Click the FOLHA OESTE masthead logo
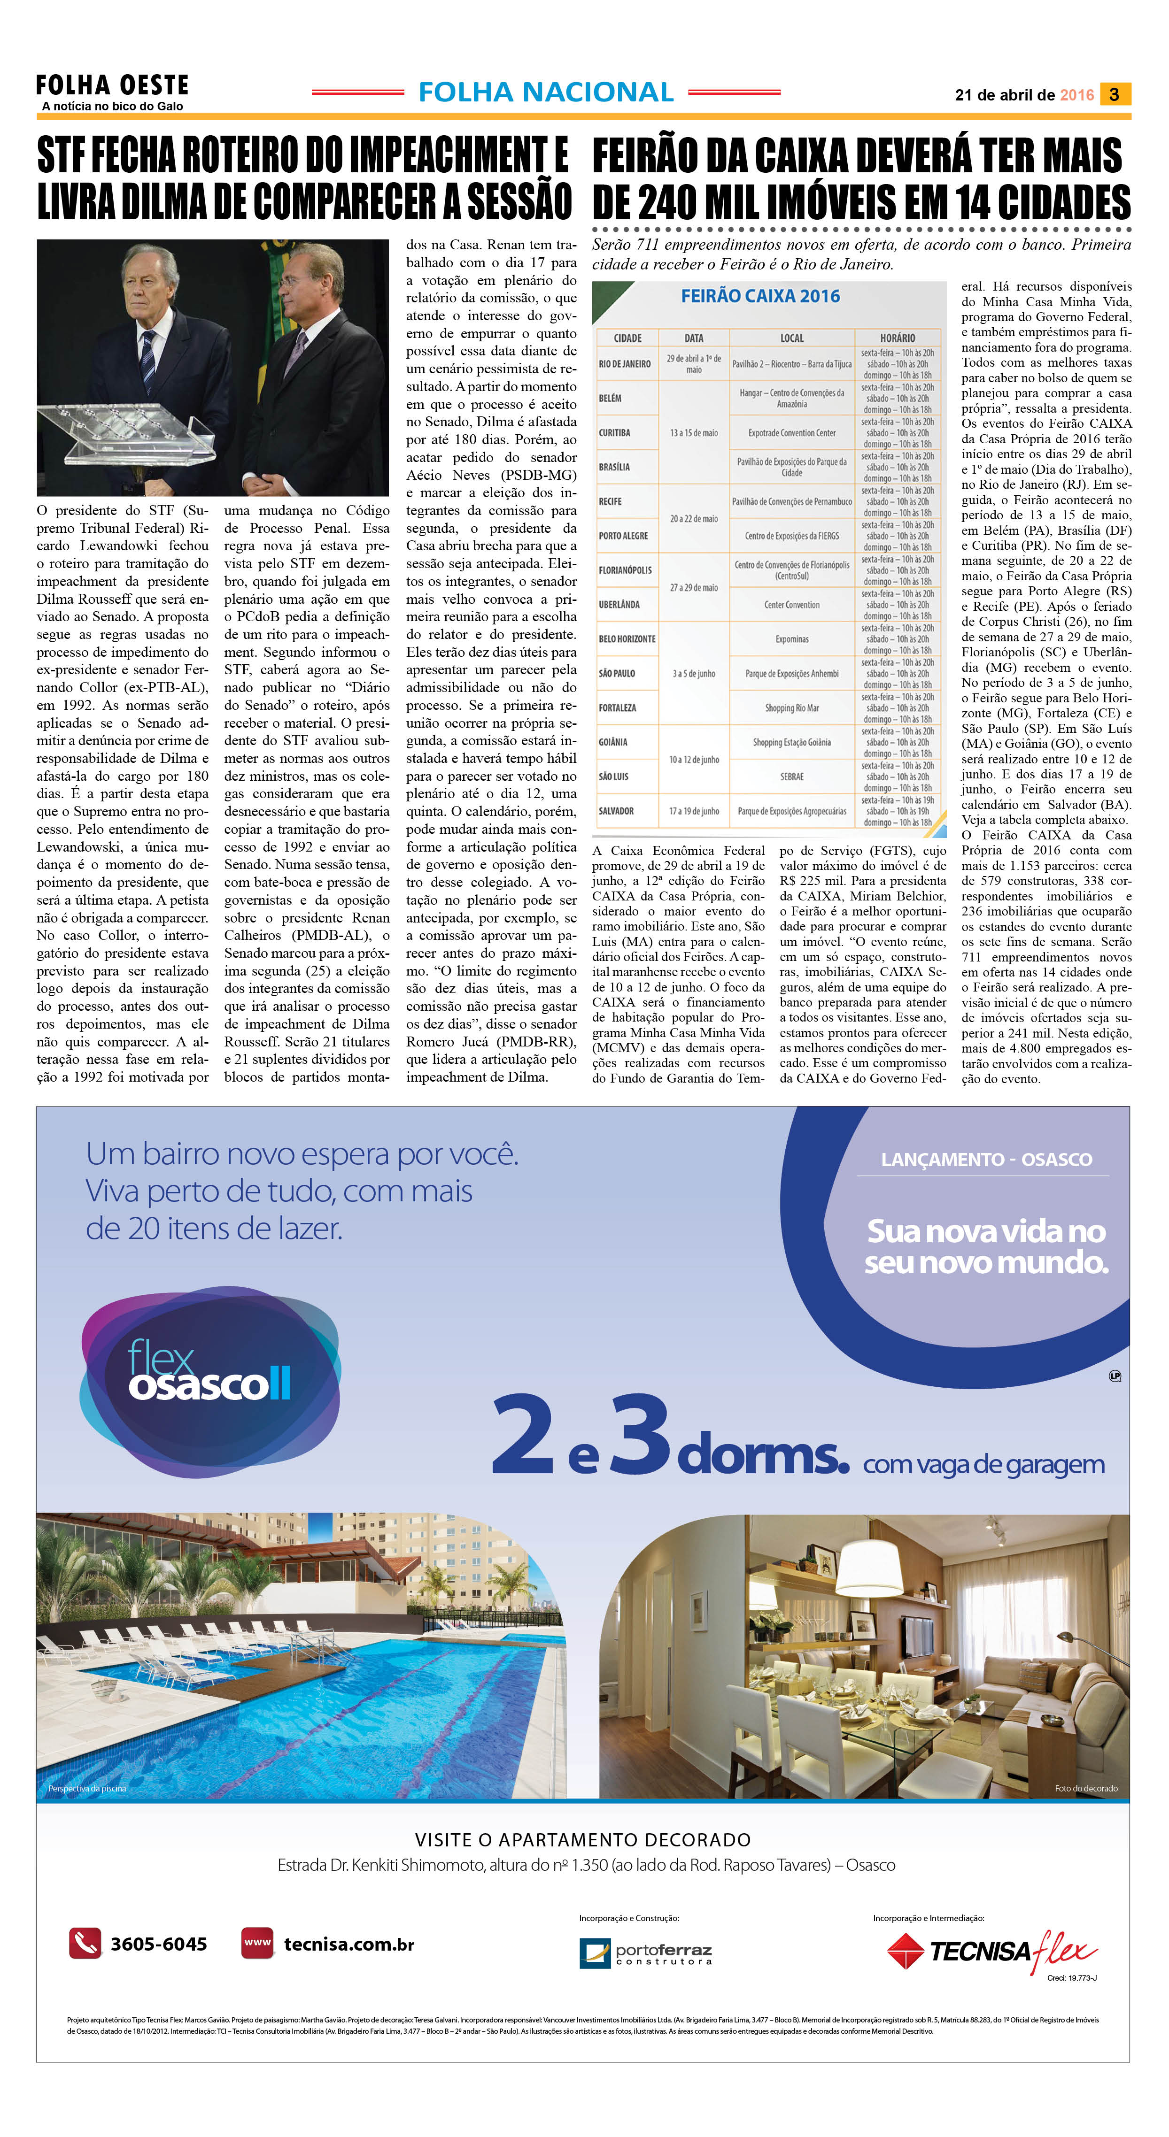[112, 85]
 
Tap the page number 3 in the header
[1114, 94]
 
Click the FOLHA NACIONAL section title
[546, 92]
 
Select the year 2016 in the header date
[1077, 95]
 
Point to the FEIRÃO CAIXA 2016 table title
[760, 296]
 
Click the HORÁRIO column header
[898, 338]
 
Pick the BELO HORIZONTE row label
[627, 639]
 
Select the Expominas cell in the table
[791, 639]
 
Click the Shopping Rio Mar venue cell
[791, 707]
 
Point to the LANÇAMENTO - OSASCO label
[986, 1159]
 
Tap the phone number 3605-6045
[158, 1944]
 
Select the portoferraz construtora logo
[645, 1953]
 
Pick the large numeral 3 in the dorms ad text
[639, 1434]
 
